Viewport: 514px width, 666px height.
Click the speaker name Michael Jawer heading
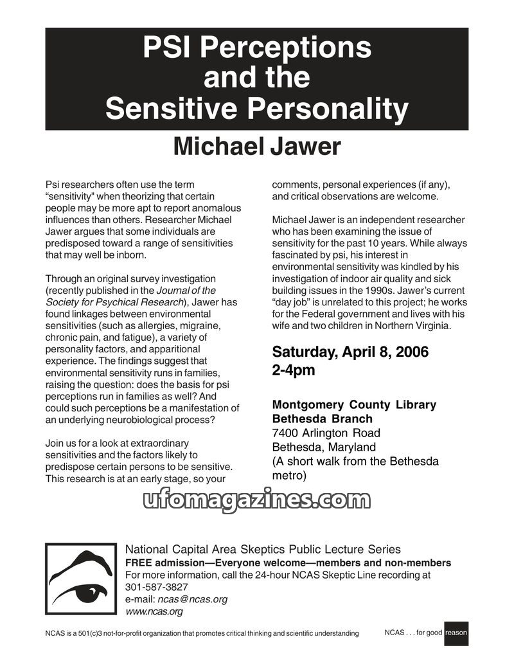pyautogui.click(x=257, y=147)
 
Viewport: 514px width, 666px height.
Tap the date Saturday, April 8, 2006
pyautogui.click(x=350, y=352)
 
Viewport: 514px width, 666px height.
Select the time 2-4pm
pyautogui.click(x=294, y=371)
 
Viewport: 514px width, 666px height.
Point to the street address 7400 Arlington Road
pyautogui.click(x=326, y=433)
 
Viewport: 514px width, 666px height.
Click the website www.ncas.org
pyautogui.click(x=154, y=611)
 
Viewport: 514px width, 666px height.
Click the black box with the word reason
pyautogui.click(x=456, y=633)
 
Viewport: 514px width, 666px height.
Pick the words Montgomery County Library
pyautogui.click(x=354, y=405)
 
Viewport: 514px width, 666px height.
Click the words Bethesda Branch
pyautogui.click(x=322, y=419)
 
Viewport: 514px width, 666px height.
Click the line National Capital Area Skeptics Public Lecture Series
pyautogui.click(x=263, y=550)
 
